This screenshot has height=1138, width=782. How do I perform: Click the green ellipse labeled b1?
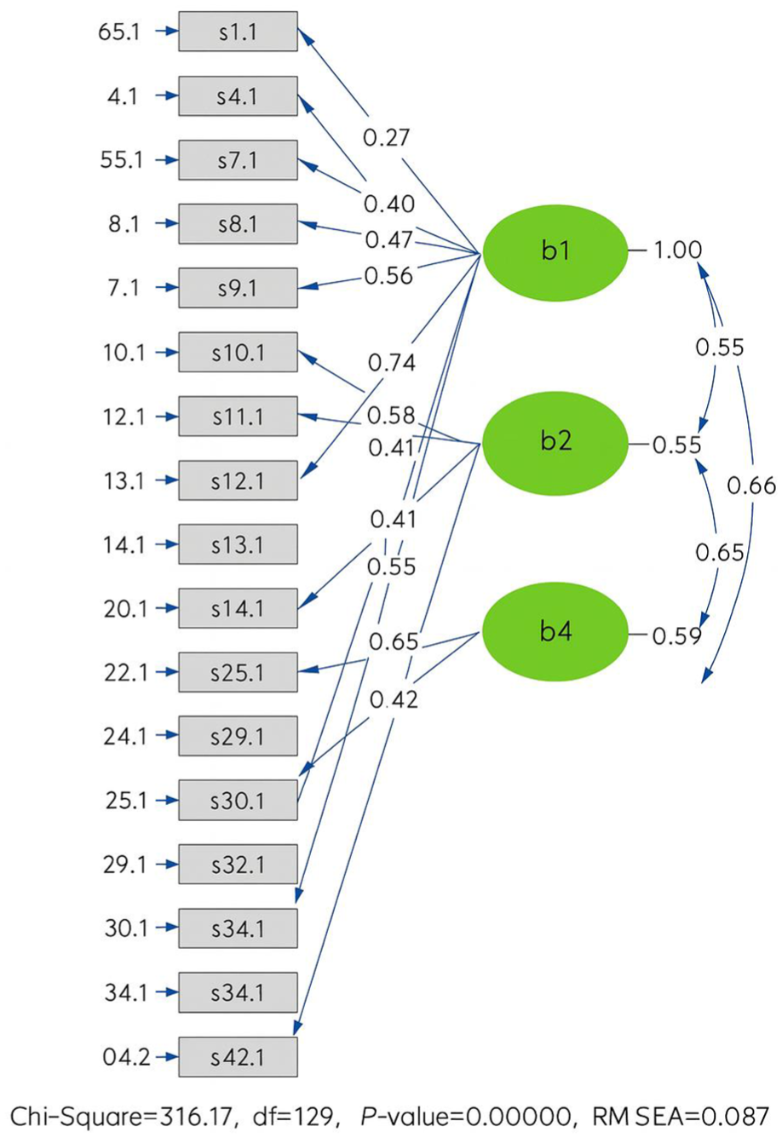(x=554, y=251)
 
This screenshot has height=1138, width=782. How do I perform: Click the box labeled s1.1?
(x=238, y=32)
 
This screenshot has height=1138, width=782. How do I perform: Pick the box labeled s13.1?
(x=238, y=544)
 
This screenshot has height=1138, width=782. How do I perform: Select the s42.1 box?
(x=238, y=1057)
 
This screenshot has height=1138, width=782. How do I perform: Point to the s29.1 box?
(x=238, y=737)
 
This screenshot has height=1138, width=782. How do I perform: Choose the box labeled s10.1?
(x=238, y=353)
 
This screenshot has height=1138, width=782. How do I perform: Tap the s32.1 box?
(x=238, y=865)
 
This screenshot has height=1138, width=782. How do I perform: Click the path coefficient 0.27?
(x=388, y=137)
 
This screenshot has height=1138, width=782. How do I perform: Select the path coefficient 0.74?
(x=392, y=363)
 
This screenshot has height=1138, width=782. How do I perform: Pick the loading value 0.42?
(x=394, y=699)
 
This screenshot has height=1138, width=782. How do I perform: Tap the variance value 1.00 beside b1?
(x=678, y=250)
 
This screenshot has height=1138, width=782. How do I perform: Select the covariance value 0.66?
(x=752, y=486)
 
